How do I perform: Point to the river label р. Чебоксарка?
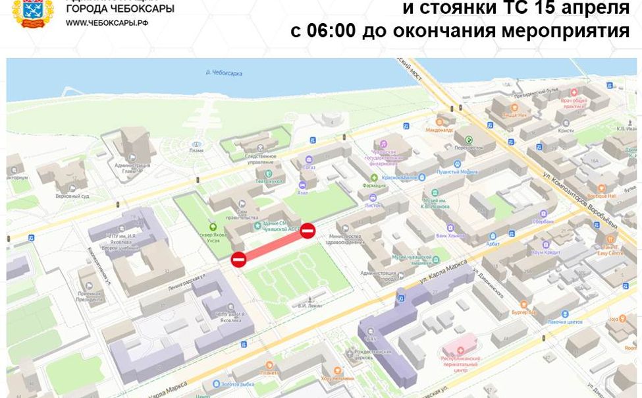click(x=225, y=72)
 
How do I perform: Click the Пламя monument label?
click(x=196, y=150)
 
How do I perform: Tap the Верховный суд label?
click(x=72, y=196)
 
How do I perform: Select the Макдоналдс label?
click(x=439, y=130)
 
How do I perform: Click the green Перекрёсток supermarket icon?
click(x=469, y=140)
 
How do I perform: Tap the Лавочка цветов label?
click(x=566, y=322)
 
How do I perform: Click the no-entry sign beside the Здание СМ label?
click(x=308, y=231)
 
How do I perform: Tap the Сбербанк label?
click(x=543, y=221)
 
